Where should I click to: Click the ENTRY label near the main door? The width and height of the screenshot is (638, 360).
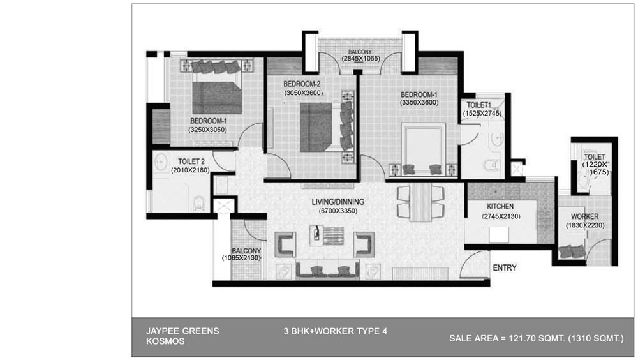[x=505, y=267]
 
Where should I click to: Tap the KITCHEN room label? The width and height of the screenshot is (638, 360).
[x=500, y=206]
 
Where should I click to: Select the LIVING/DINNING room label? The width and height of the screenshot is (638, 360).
[x=338, y=202]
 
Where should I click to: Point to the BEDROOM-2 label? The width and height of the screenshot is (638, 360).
[x=302, y=84]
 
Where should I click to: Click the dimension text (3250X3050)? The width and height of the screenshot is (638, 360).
[x=207, y=130]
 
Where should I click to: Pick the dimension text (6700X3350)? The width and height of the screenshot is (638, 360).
[x=338, y=211]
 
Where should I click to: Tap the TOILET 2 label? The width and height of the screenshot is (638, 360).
[x=191, y=161]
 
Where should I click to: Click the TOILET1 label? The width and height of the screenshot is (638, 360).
[x=479, y=105]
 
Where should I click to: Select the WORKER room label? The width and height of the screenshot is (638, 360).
[x=584, y=216]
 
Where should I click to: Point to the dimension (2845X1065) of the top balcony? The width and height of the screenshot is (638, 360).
[x=360, y=59]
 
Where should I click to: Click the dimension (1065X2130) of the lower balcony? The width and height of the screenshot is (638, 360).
[x=241, y=258]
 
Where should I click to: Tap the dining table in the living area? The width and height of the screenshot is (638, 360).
[x=420, y=202]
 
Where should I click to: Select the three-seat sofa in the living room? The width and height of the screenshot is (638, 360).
[x=327, y=269]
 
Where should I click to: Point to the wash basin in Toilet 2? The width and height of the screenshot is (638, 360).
[x=161, y=161]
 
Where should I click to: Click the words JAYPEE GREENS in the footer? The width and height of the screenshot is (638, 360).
[x=182, y=331]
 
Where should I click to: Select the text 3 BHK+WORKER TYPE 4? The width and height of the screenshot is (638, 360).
[x=336, y=331]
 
